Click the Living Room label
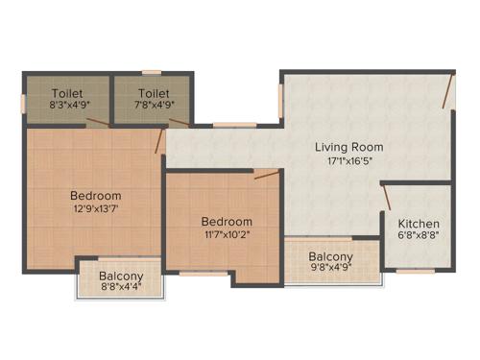pos(349,147)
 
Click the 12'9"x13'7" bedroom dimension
pos(95,211)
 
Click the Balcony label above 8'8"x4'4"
pos(122,276)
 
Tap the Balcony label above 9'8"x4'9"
pos(330,257)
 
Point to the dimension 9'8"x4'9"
pos(330,271)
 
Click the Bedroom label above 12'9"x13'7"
pos(95,196)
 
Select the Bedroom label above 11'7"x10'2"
pos(228,222)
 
